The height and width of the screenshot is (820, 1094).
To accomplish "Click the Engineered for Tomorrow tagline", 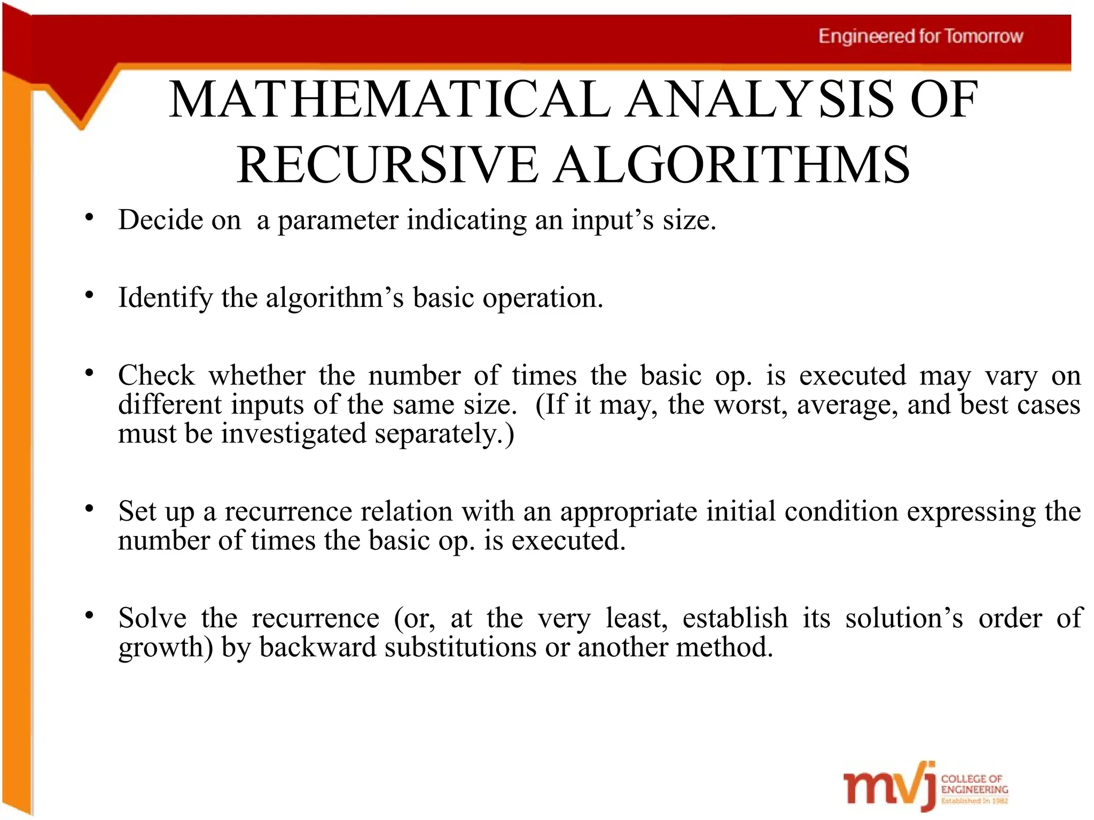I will click(x=920, y=36).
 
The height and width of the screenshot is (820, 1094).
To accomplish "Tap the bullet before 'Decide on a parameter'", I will click(x=89, y=217).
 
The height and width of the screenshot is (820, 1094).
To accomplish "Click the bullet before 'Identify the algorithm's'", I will click(x=89, y=295).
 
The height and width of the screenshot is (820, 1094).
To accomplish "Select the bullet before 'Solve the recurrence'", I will click(x=89, y=615).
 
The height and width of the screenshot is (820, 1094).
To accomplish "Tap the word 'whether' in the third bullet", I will click(x=257, y=375).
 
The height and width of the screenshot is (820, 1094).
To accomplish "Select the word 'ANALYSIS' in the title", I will click(x=760, y=99).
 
